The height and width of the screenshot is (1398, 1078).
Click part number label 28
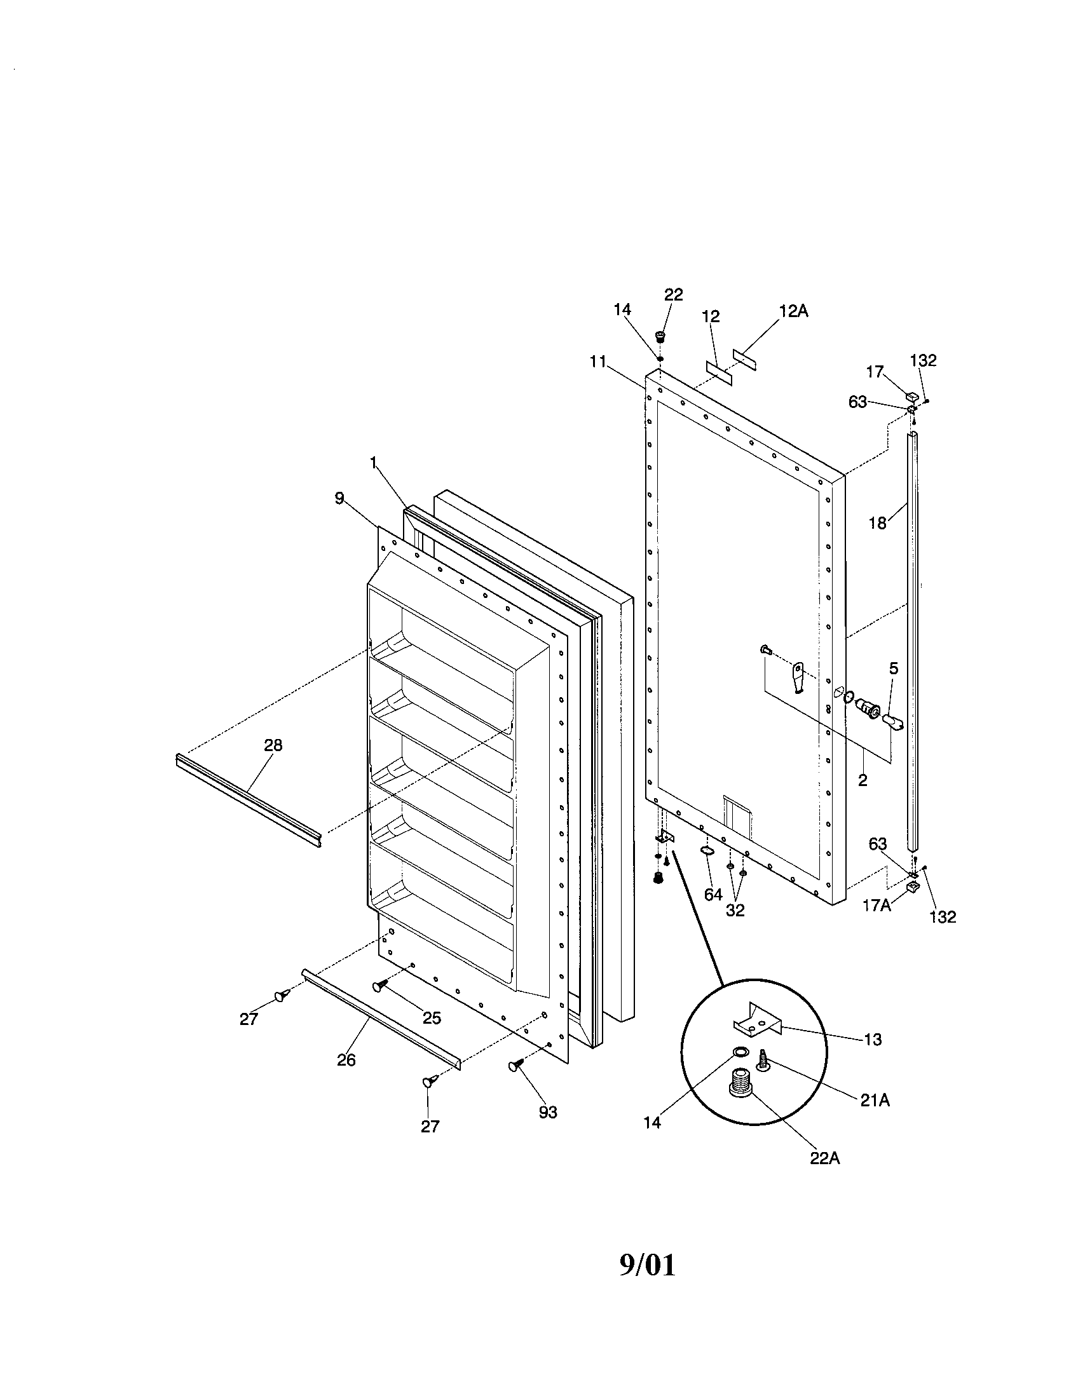pos(273,745)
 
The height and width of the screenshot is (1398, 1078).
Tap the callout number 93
pos(548,1113)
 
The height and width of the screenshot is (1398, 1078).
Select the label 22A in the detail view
pos(824,1158)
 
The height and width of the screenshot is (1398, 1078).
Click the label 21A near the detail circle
pos(875,1100)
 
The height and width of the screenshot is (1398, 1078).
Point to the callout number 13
pos(873,1040)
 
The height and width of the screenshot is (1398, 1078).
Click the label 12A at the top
pos(793,311)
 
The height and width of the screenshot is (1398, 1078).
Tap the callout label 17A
pos(877,906)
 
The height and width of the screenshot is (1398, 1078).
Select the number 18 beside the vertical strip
pos(877,523)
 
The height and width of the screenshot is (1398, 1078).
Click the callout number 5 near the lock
pos(893,669)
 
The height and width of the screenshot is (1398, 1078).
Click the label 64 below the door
pos(713,894)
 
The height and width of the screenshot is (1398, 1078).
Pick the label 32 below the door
pos(735,910)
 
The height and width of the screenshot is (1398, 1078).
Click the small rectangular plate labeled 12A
pos(744,360)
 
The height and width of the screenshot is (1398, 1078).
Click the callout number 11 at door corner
pos(597,362)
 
